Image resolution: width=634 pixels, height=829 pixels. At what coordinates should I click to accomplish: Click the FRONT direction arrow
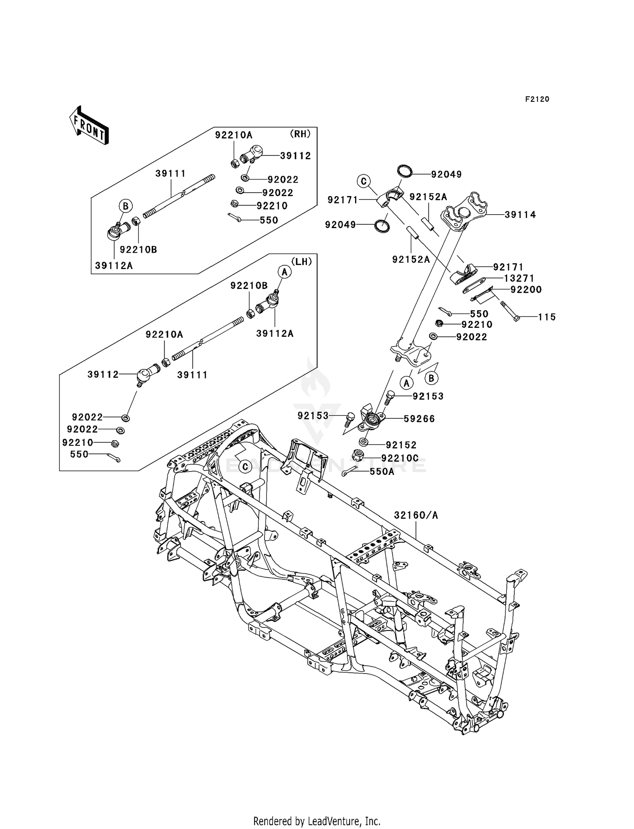pyautogui.click(x=89, y=125)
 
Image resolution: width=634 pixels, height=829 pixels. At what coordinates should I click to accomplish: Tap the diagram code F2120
pyautogui.click(x=537, y=99)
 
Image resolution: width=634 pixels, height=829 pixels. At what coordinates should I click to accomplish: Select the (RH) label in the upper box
pyautogui.click(x=300, y=134)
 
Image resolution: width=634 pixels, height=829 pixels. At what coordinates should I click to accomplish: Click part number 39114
pyautogui.click(x=520, y=215)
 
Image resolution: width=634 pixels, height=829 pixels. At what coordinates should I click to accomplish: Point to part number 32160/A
pyautogui.click(x=416, y=515)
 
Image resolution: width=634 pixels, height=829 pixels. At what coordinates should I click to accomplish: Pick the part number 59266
pyautogui.click(x=419, y=419)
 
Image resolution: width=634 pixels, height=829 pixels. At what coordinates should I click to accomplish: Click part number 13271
pyautogui.click(x=519, y=278)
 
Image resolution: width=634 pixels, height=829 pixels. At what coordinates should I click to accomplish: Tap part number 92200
pyautogui.click(x=526, y=289)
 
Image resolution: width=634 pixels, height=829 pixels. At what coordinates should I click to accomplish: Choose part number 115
pyautogui.click(x=547, y=317)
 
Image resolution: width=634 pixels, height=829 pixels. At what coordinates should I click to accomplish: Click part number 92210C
pyautogui.click(x=400, y=458)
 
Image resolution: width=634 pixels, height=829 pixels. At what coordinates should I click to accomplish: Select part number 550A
pyautogui.click(x=382, y=472)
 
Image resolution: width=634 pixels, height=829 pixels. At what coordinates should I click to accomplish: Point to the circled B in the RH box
pyautogui.click(x=125, y=206)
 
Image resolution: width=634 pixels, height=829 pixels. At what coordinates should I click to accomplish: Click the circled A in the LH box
pyautogui.click(x=285, y=272)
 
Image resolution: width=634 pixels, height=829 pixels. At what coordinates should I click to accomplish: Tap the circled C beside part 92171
pyautogui.click(x=363, y=182)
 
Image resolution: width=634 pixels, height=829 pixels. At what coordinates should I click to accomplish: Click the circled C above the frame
pyautogui.click(x=245, y=466)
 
